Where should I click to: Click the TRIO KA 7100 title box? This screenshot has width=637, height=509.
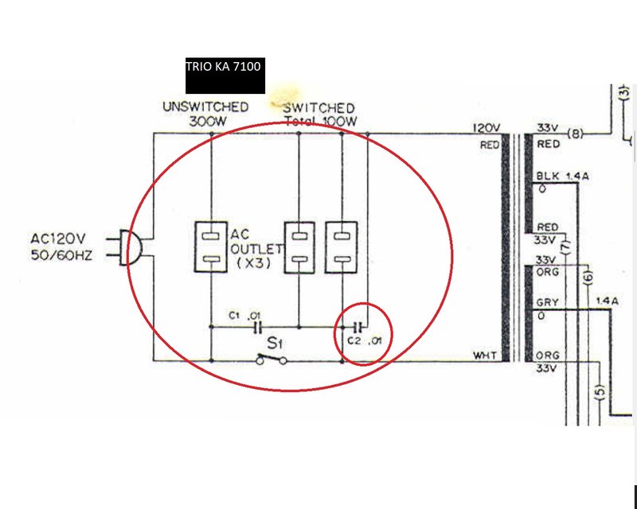click(x=225, y=76)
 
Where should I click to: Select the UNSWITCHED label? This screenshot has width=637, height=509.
click(x=205, y=107)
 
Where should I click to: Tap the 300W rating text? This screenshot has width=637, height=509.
click(x=207, y=122)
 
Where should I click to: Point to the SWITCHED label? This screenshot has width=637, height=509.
click(x=319, y=108)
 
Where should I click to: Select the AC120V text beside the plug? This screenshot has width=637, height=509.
click(x=57, y=239)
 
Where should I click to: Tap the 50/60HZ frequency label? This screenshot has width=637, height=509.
click(x=61, y=255)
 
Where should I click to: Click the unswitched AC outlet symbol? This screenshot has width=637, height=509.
click(x=211, y=247)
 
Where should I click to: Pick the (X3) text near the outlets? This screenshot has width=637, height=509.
click(x=253, y=263)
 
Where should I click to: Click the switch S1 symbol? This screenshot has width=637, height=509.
click(x=272, y=359)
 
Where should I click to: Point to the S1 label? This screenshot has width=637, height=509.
click(x=274, y=344)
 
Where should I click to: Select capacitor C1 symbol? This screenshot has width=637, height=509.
click(x=257, y=327)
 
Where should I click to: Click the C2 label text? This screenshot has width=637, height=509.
click(x=354, y=340)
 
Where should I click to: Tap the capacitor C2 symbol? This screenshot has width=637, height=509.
click(x=358, y=326)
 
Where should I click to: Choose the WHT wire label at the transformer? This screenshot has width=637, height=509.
click(x=485, y=356)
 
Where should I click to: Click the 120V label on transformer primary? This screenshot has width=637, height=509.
click(x=487, y=128)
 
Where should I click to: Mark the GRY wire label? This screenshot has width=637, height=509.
click(x=547, y=302)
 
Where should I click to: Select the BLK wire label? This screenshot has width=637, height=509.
click(x=548, y=176)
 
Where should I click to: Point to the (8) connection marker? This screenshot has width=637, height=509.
click(x=575, y=133)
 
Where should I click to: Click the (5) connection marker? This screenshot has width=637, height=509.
click(x=601, y=392)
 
